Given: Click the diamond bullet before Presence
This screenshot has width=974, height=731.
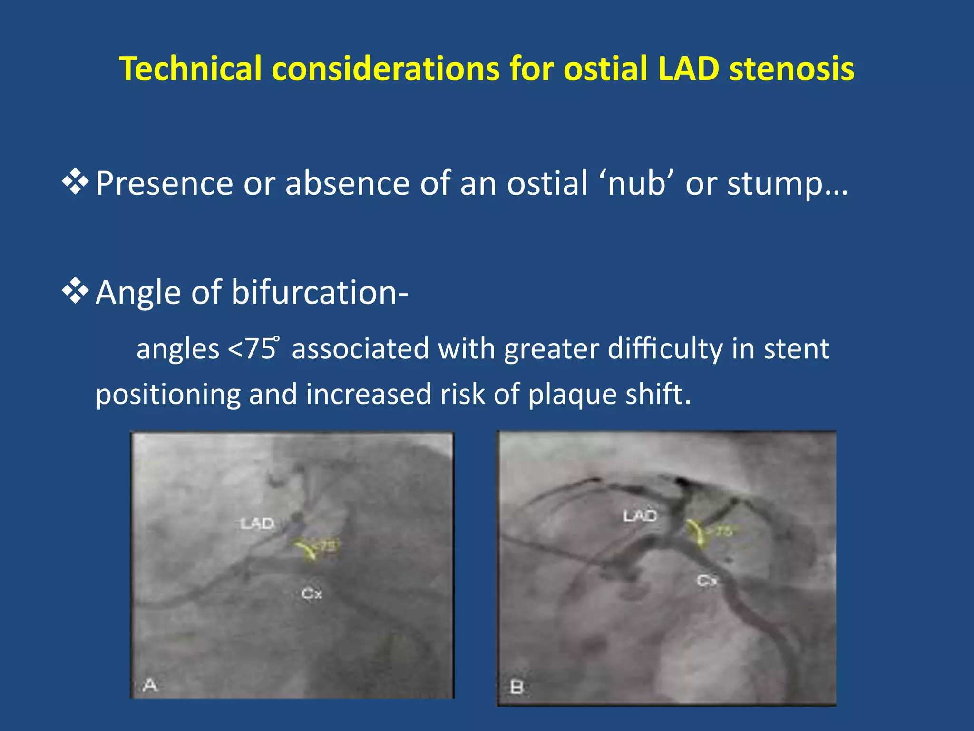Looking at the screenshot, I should pos(75,182).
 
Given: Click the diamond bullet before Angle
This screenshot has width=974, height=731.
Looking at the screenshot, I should pos(75,291).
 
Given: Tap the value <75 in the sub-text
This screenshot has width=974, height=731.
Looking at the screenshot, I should pos(252,348).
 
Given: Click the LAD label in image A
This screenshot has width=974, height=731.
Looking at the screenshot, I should pos(257,524).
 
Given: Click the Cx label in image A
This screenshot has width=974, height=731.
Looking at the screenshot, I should pos(312,593).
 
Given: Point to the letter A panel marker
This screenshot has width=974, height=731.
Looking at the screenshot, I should pos(150,685).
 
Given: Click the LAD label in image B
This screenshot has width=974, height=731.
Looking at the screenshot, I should pos(640,515).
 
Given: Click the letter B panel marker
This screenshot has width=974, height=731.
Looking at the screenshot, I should pos(517,687).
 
